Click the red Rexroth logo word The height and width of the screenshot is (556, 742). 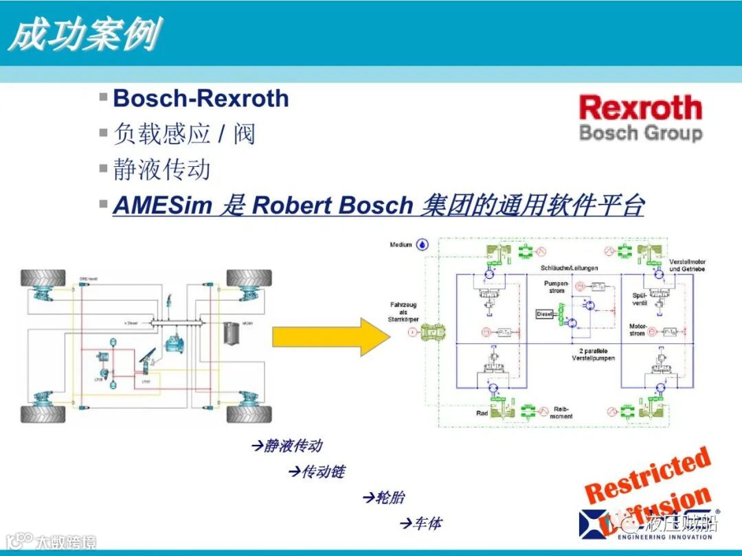pos(640,108)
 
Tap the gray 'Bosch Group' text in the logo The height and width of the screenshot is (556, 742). pos(640,132)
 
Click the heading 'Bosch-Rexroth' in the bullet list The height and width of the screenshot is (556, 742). pos(201,98)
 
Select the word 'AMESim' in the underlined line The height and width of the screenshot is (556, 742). pos(162,205)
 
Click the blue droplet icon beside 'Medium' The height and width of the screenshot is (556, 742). pos(423,244)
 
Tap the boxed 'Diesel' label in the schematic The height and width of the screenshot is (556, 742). pos(544,314)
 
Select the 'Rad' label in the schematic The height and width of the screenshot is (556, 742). pos(482,413)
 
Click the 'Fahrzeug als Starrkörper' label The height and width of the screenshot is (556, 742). pos(403,312)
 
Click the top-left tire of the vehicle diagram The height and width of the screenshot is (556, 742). pos(43,277)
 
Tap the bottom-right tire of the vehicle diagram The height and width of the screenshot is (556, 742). pos(249,414)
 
